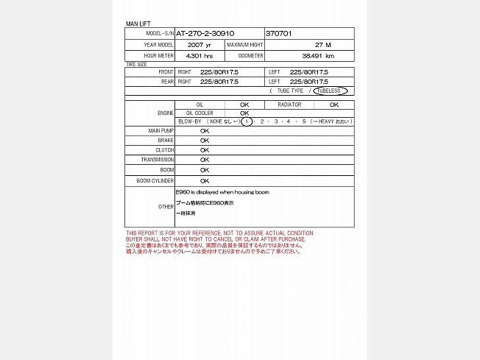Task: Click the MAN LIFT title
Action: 138,24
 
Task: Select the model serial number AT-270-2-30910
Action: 205,34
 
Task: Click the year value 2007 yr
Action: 200,45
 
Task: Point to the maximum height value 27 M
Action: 322,45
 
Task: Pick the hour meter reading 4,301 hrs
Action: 200,56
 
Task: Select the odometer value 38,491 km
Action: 318,56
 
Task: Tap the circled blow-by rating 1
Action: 247,121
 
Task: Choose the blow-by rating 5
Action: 303,121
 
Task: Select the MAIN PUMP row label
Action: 161,130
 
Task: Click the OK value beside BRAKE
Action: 205,140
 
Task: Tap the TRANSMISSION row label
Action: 158,160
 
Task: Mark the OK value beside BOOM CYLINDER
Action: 205,180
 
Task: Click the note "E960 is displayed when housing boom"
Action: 222,192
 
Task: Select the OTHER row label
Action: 166,207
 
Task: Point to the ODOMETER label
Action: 251,56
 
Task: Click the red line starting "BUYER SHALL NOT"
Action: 216,239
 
